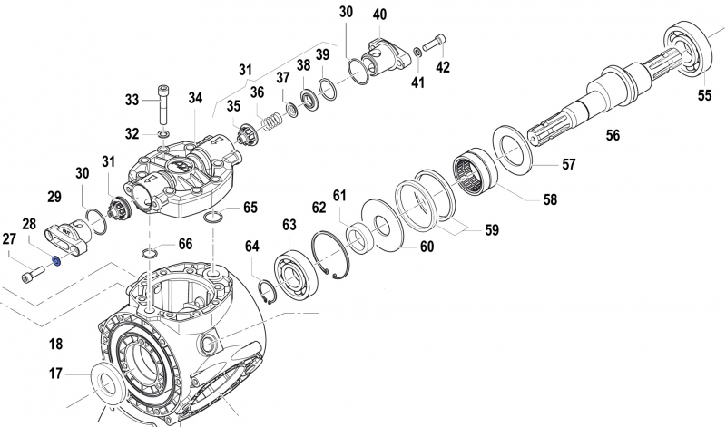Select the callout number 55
[704, 94]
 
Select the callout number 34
[196, 98]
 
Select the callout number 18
[55, 345]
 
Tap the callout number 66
[184, 244]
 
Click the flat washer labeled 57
[514, 149]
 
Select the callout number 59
[491, 230]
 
